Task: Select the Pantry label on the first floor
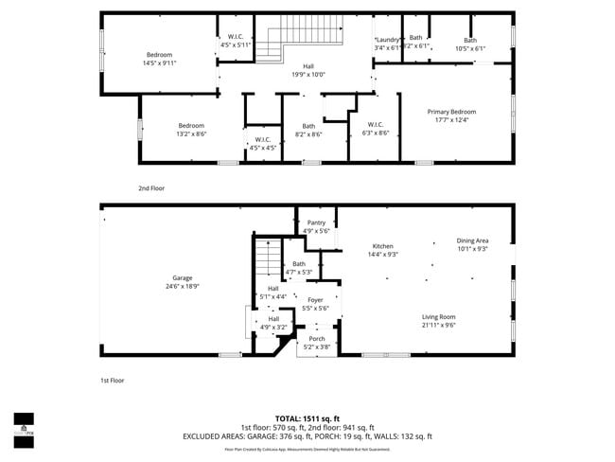316,222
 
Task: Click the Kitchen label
383,246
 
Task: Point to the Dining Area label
472,241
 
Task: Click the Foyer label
315,300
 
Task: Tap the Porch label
317,339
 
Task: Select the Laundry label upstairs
387,39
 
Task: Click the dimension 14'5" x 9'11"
159,63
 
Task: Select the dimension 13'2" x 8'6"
191,134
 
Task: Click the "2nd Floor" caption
151,188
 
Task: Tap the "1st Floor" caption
113,381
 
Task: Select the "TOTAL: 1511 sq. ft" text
307,418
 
